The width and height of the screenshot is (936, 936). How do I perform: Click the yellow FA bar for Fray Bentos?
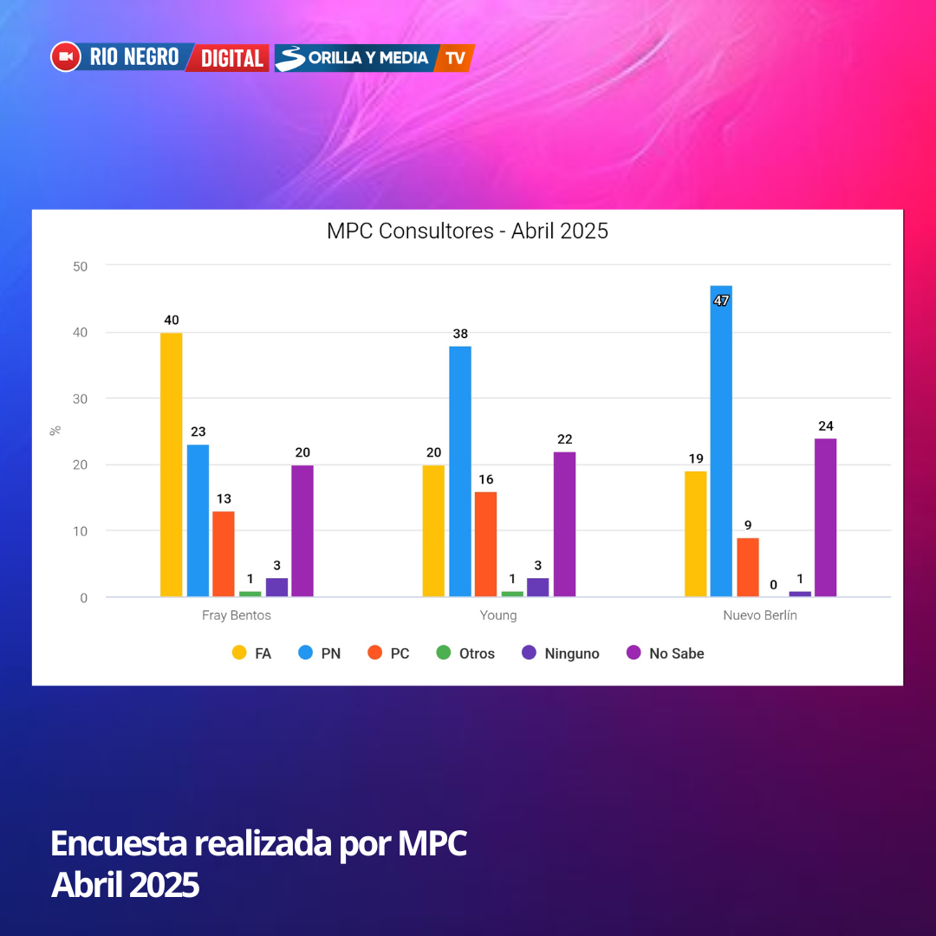coord(172,465)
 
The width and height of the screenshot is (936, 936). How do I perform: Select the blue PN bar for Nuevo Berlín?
coord(721,441)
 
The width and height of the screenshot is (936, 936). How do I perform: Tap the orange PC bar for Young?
coord(485,544)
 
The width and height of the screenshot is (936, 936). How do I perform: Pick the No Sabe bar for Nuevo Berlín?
coord(825,517)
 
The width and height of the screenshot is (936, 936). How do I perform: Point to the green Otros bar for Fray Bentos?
coord(250,594)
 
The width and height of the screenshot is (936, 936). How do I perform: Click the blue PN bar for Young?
coord(460,471)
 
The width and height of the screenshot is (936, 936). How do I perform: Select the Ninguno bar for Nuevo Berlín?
coord(800,594)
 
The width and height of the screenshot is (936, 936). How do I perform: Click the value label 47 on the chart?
coord(721,301)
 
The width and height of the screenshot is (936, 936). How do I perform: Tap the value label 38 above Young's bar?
coord(459,334)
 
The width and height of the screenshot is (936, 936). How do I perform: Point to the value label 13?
coord(224,498)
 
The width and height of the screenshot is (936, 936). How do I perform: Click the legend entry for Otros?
coord(465,653)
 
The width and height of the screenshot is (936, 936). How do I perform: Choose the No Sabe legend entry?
coord(665,653)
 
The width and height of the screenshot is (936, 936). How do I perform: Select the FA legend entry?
coord(252,653)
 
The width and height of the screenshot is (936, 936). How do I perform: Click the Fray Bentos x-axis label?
coord(237,615)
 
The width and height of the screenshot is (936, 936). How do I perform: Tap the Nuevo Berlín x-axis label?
coord(760,615)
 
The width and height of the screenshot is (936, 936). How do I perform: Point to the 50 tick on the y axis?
coord(80,266)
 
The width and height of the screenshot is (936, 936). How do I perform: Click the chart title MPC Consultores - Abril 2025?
coord(467,231)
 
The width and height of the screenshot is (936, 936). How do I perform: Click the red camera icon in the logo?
coord(66,57)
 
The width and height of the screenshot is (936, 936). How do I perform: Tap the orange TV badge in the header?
coord(455,58)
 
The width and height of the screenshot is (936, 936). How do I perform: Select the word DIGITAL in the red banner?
coord(231,58)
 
